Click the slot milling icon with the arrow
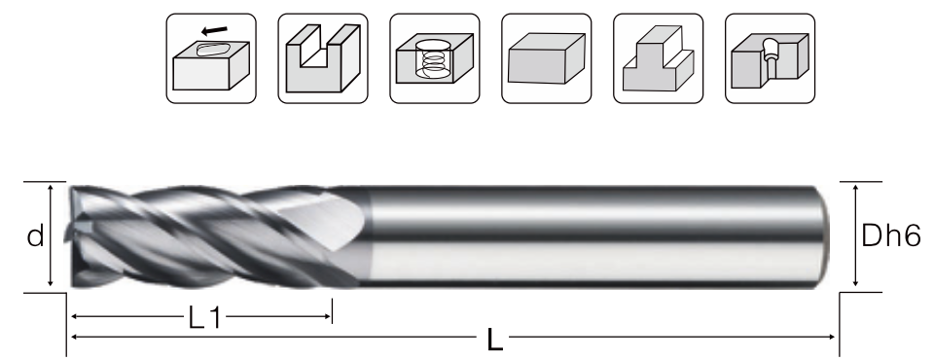tap(211, 58)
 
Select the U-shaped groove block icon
tap(323, 58)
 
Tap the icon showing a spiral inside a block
tap(435, 58)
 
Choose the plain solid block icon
tap(547, 58)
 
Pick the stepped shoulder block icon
tap(659, 58)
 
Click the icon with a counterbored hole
tap(771, 58)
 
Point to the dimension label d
tap(35, 236)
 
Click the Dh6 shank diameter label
tap(891, 236)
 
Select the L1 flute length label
tap(204, 319)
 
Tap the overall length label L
tap(495, 341)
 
